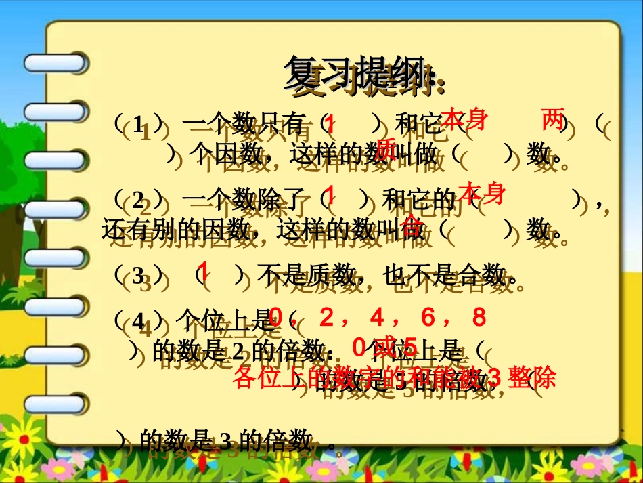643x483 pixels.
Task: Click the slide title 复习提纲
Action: (359, 73)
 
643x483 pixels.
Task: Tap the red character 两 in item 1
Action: (553, 121)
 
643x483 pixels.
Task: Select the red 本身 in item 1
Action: (464, 119)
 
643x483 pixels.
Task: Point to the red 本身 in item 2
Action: (482, 193)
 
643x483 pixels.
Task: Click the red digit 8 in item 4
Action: (479, 317)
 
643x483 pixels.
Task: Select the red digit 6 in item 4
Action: (428, 317)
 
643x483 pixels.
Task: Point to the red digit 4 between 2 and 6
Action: (377, 317)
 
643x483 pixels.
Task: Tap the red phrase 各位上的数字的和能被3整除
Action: (394, 377)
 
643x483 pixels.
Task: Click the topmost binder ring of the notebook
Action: (55, 63)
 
